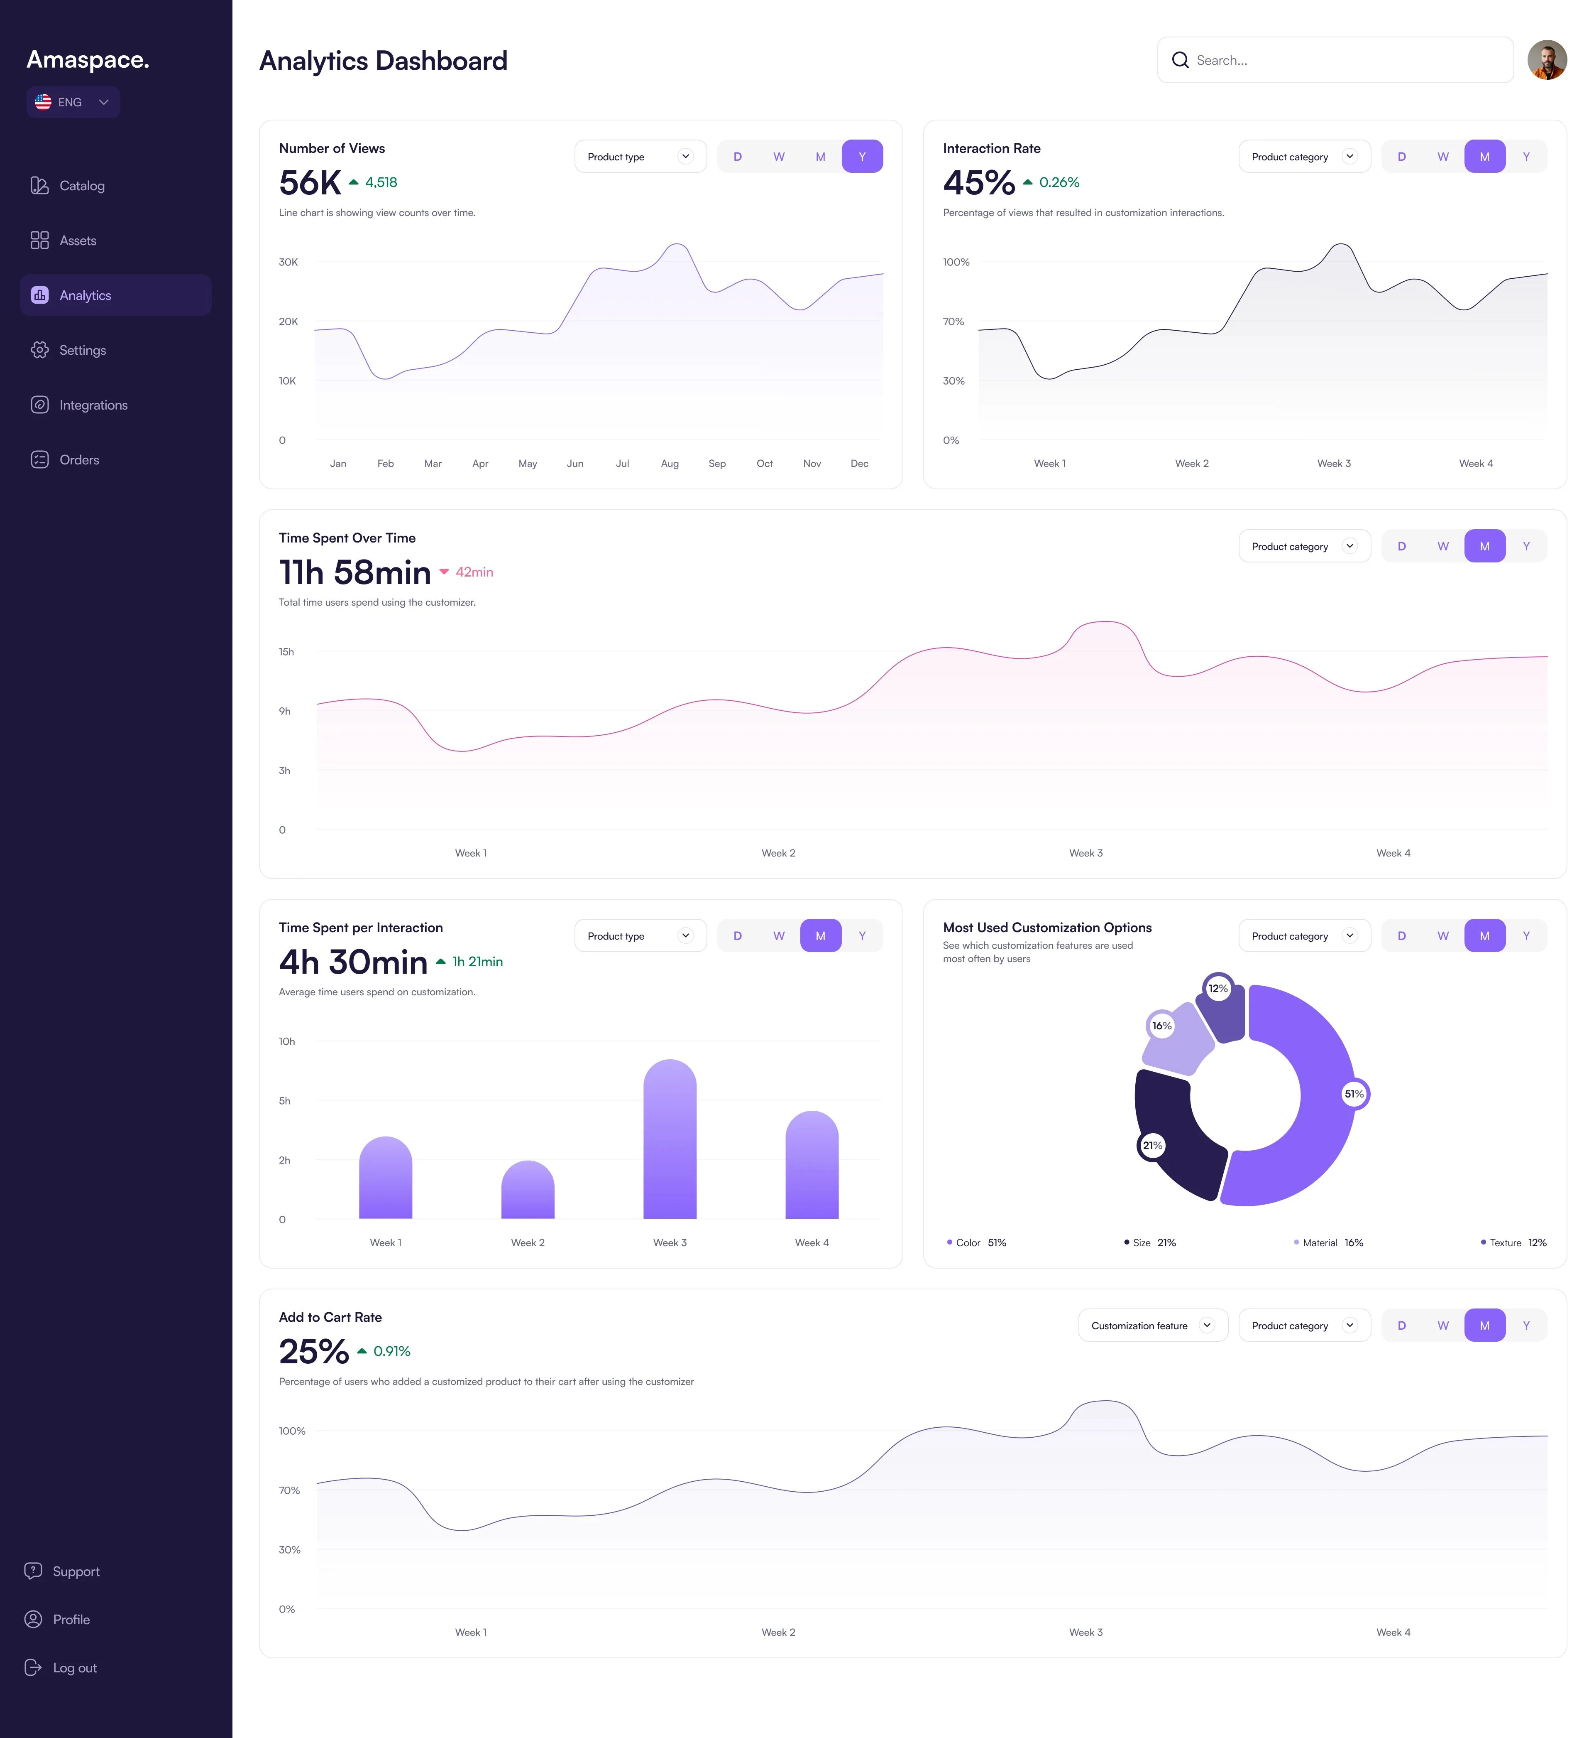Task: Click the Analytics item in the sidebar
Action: coord(115,295)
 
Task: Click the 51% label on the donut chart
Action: coord(1354,1094)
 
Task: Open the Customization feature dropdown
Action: coord(1151,1326)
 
